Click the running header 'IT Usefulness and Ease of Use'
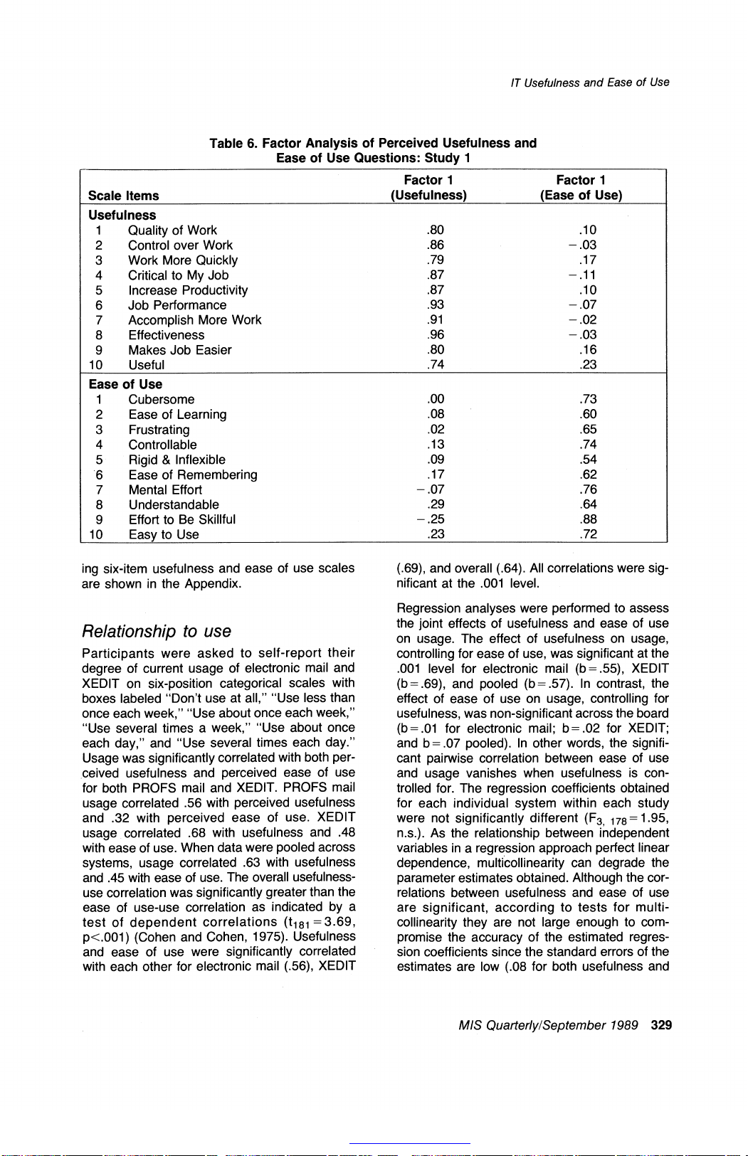click(589, 83)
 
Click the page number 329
click(661, 1025)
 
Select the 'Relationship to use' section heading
click(157, 631)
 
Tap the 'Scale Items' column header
click(124, 196)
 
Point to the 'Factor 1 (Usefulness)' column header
click(428, 188)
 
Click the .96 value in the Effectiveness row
click(436, 334)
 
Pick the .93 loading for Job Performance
click(436, 304)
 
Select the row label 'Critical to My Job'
click(178, 275)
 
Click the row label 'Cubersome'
click(161, 400)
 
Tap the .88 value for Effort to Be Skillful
click(588, 519)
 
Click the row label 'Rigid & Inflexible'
click(177, 460)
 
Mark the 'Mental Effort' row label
click(165, 489)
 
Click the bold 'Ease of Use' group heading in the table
click(125, 384)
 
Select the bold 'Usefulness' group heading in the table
click(122, 215)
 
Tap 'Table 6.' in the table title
click(233, 143)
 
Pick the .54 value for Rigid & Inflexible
click(588, 460)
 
